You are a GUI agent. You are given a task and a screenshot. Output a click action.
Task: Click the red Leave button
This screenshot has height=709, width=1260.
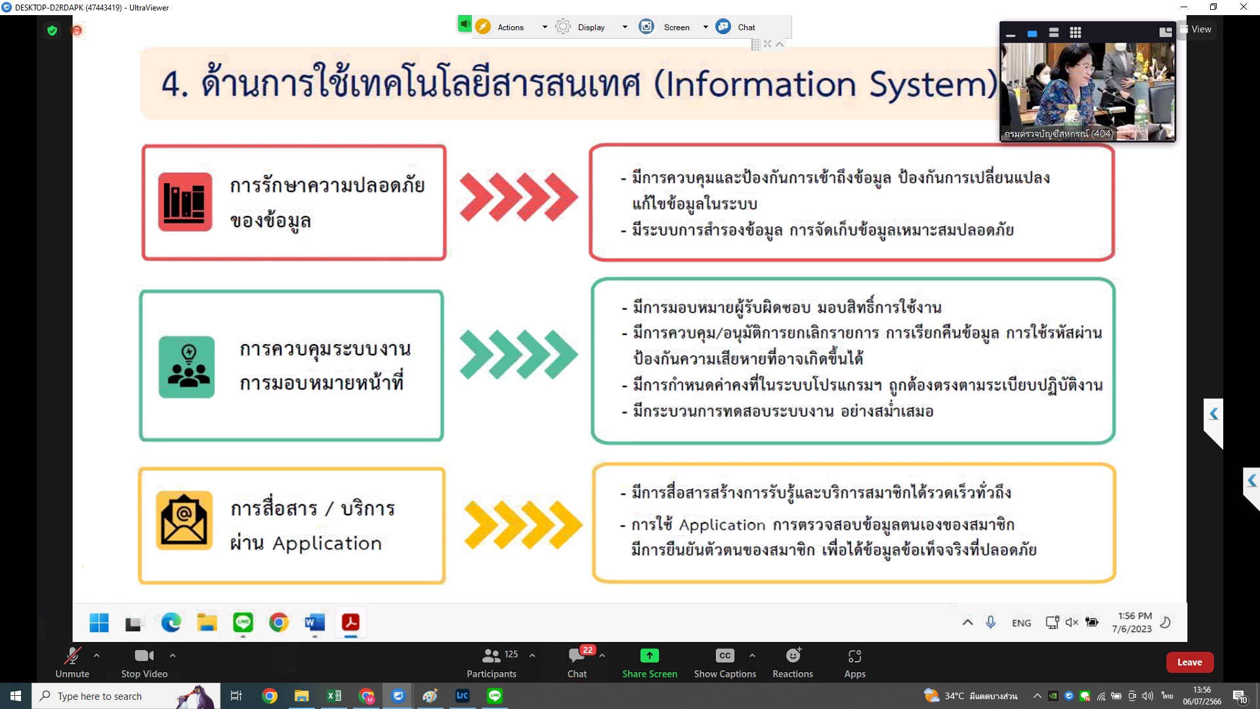(x=1189, y=662)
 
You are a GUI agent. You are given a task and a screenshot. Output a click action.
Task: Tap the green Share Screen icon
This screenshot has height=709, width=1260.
(x=649, y=655)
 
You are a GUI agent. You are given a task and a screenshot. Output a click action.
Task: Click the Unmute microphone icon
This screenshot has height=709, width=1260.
(x=72, y=655)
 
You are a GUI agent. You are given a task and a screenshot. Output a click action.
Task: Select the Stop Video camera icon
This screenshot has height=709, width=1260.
(x=144, y=655)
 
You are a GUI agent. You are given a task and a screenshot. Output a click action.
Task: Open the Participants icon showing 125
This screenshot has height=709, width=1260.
(x=492, y=655)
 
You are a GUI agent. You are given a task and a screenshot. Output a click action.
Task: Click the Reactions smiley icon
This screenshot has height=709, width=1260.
(x=793, y=655)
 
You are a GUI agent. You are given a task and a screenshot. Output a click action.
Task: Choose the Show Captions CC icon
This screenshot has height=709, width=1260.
(x=724, y=655)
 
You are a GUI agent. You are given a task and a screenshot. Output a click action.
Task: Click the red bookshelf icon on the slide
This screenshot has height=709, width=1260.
(x=185, y=202)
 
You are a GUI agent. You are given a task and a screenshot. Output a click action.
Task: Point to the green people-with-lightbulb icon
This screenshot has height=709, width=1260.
(x=186, y=367)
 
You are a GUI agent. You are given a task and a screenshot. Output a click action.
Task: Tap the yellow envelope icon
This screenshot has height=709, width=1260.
(x=184, y=520)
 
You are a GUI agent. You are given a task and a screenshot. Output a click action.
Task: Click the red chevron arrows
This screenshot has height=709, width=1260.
(x=518, y=196)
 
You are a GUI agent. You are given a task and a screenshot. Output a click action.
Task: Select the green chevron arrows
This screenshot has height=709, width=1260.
(x=518, y=355)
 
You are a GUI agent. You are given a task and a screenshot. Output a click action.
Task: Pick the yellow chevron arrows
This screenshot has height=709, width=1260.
(x=523, y=525)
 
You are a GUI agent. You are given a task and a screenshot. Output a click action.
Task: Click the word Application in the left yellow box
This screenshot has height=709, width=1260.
(x=327, y=544)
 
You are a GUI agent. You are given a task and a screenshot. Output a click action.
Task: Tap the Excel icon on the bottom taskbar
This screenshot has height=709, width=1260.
(x=333, y=696)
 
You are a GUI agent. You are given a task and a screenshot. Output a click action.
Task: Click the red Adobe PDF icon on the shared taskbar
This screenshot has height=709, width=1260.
(x=350, y=622)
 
